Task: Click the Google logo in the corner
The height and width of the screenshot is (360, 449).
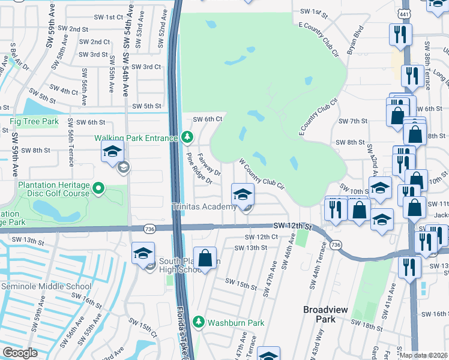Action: [20, 353]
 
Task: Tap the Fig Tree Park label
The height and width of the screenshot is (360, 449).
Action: [34, 122]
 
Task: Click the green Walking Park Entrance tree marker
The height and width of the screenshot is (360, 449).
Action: [187, 138]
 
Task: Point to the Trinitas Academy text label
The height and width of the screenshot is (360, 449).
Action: [204, 207]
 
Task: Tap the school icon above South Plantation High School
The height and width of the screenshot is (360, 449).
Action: [143, 253]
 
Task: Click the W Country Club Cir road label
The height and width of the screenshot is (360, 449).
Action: [261, 173]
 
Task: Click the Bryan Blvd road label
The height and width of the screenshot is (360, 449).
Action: [356, 38]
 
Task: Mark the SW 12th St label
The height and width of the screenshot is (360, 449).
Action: [293, 226]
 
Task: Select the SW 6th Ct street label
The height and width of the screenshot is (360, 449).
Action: [206, 119]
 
